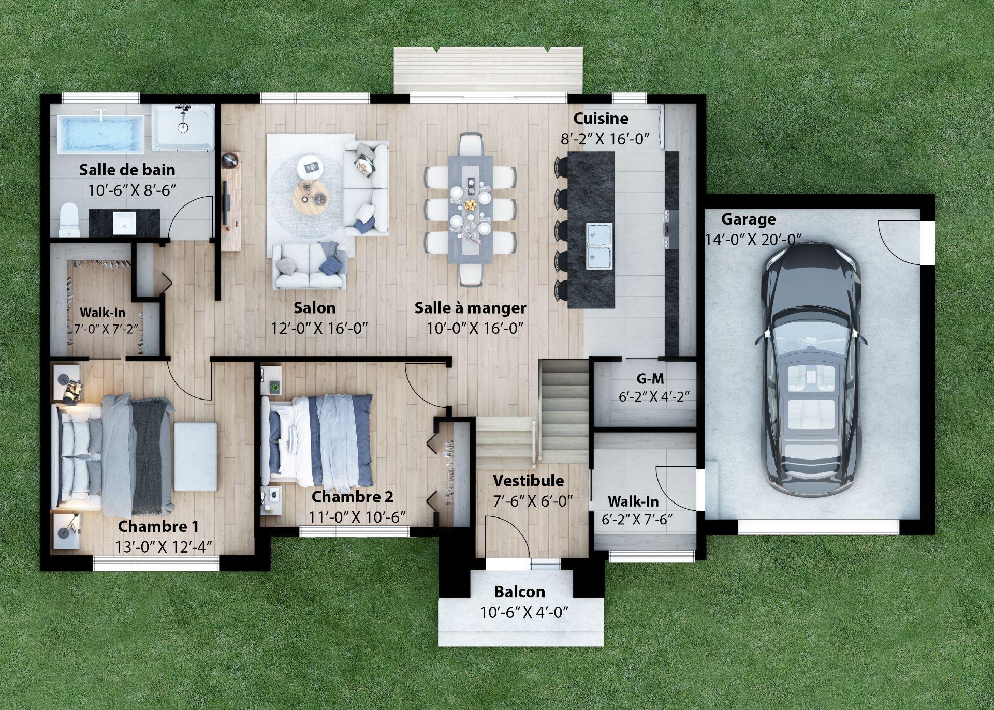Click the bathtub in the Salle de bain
[x=100, y=134]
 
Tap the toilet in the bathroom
[x=68, y=219]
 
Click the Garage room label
[x=748, y=219]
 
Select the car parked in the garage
[x=810, y=370]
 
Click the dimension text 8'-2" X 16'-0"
[x=605, y=139]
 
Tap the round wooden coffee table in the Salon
[x=311, y=196]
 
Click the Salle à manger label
[x=470, y=308]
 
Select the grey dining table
[x=470, y=207]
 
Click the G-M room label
[x=650, y=379]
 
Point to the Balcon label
[x=519, y=591]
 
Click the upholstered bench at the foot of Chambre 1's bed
[x=195, y=456]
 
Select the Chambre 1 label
[x=158, y=527]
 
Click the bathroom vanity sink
[x=124, y=223]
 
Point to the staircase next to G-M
[x=564, y=409]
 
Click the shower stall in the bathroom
[x=183, y=127]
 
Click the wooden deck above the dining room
[x=488, y=70]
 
